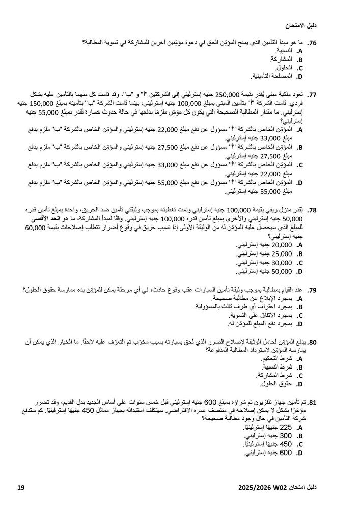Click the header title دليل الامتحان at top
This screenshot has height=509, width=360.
(x=301, y=25)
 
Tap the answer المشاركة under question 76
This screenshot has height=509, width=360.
(x=283, y=60)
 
